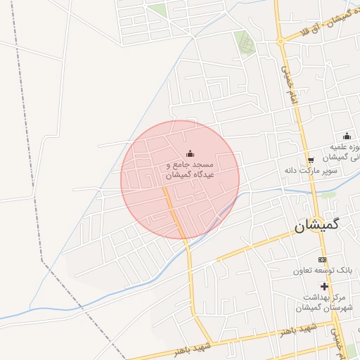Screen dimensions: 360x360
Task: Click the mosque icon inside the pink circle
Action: (188, 154)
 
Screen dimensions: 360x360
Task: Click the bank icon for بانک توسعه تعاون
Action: (323, 260)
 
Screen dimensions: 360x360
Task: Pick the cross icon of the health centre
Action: (324, 286)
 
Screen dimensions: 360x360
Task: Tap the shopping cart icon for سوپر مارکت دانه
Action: (310, 160)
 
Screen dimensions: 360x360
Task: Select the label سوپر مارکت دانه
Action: (311, 170)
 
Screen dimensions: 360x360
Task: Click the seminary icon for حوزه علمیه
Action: (346, 136)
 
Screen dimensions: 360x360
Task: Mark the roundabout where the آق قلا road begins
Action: (280, 40)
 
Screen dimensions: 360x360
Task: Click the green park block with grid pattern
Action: (245, 42)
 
